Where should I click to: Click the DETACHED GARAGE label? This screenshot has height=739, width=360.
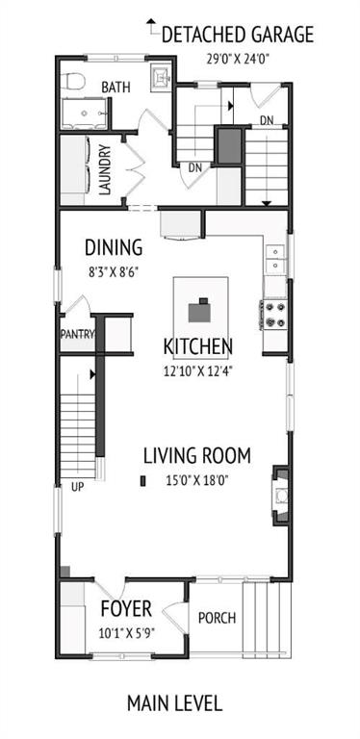(237, 36)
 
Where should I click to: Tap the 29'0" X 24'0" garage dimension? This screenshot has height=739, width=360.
(237, 58)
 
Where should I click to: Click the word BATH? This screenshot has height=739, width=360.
(116, 88)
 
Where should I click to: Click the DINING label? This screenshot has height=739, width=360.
(114, 247)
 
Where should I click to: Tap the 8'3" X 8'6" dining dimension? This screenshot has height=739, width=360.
(114, 271)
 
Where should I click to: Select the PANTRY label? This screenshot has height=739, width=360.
(77, 335)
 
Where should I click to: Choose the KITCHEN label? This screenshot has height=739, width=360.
(198, 346)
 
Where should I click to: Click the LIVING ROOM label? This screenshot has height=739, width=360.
(197, 455)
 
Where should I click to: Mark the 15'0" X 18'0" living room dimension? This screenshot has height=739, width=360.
(197, 479)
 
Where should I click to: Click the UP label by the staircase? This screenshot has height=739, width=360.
(77, 487)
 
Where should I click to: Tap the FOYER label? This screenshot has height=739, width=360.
(125, 609)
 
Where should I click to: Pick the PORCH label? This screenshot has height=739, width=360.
(216, 618)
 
